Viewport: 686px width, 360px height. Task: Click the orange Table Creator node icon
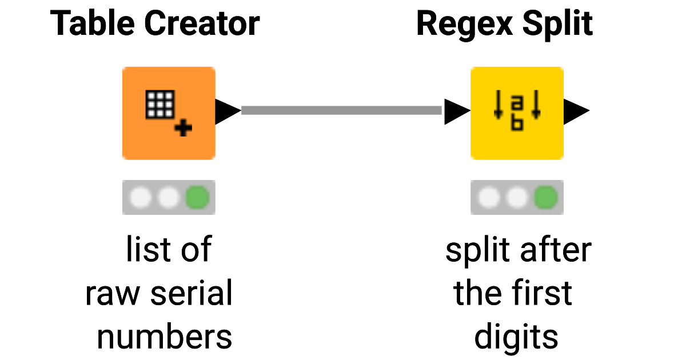click(x=169, y=113)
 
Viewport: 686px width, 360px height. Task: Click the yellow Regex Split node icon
click(x=517, y=113)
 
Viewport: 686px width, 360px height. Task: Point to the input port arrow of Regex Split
click(x=457, y=111)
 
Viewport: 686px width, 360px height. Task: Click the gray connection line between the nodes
click(x=341, y=110)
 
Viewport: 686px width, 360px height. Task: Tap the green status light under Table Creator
click(x=197, y=198)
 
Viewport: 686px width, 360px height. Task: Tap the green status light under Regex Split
click(x=545, y=198)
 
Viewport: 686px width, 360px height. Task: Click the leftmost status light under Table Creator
click(x=141, y=198)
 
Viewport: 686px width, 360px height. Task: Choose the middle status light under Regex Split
click(x=517, y=198)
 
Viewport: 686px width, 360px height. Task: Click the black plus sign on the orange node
click(x=183, y=129)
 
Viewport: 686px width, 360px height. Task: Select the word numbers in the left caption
click(x=165, y=337)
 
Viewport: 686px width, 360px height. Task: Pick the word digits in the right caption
click(x=516, y=337)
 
